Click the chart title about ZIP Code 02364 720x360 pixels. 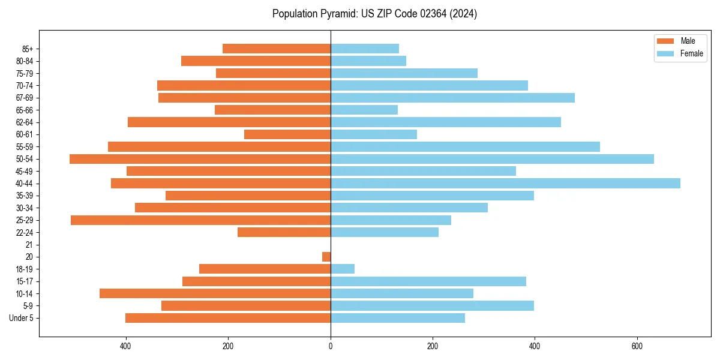pyautogui.click(x=374, y=14)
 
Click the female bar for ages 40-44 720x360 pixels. pyautogui.click(x=505, y=184)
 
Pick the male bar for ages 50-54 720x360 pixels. pyautogui.click(x=200, y=159)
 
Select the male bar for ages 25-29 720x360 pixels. pyautogui.click(x=200, y=220)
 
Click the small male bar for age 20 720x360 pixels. pyautogui.click(x=326, y=257)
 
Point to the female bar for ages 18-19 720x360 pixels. pyautogui.click(x=343, y=269)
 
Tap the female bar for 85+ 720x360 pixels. pyautogui.click(x=365, y=49)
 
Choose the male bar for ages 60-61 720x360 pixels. pyautogui.click(x=287, y=134)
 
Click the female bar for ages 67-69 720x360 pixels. pyautogui.click(x=452, y=98)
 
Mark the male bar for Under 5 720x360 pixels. pyautogui.click(x=228, y=318)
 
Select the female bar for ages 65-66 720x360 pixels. pyautogui.click(x=364, y=110)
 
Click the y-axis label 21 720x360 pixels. pyautogui.click(x=29, y=245)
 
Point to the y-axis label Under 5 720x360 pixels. pyautogui.click(x=22, y=318)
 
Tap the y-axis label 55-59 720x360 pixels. pyautogui.click(x=25, y=147)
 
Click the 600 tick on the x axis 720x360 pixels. pyautogui.click(x=637, y=346)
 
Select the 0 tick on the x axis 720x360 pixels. pyautogui.click(x=331, y=346)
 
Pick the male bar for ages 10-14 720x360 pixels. pyautogui.click(x=215, y=293)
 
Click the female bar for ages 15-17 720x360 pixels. pyautogui.click(x=428, y=281)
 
